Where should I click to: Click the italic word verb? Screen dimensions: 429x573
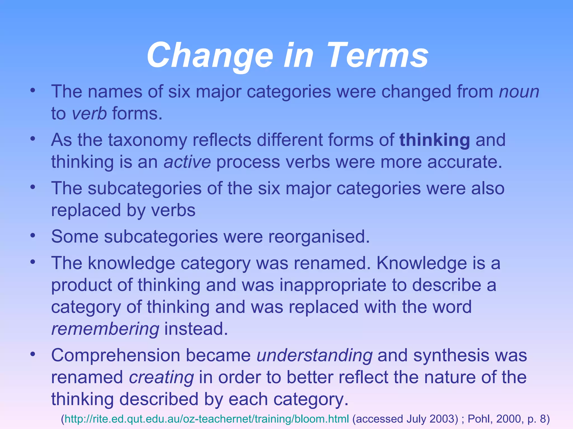point(89,113)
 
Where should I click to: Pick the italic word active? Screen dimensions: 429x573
point(187,162)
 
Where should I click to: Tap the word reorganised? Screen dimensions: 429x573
point(319,237)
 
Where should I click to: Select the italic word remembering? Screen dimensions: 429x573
point(105,329)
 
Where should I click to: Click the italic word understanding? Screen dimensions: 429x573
point(314,355)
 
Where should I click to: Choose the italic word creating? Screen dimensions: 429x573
point(161,377)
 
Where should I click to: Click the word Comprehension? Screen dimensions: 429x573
point(116,355)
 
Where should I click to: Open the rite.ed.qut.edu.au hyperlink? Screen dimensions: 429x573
point(207,419)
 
